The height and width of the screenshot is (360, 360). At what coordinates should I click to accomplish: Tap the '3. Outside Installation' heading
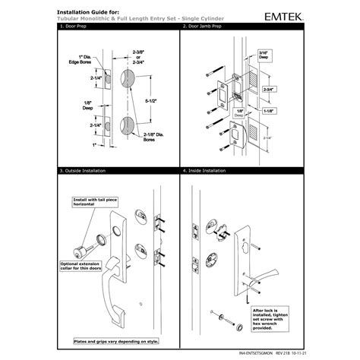pos(81,172)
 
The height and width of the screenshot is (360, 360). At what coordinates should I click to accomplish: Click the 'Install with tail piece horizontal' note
pos(92,204)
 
